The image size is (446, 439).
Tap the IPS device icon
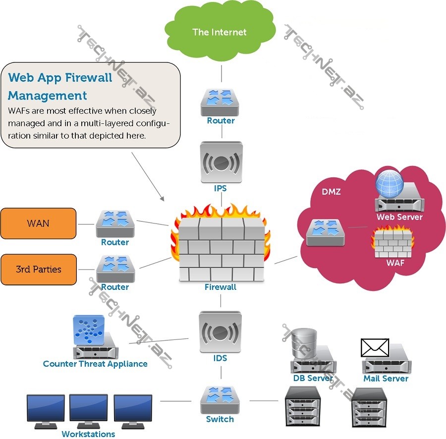click(x=221, y=163)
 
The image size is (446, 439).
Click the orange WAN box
click(x=39, y=223)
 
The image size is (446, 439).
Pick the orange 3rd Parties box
click(x=39, y=270)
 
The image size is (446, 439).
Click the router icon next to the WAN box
click(x=115, y=224)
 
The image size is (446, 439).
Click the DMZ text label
click(x=331, y=192)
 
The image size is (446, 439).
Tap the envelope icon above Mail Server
click(x=375, y=348)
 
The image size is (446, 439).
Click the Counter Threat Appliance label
click(x=95, y=364)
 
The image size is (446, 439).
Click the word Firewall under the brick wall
click(x=221, y=287)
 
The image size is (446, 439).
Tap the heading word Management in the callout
click(x=48, y=96)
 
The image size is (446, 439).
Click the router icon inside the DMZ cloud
click(x=326, y=232)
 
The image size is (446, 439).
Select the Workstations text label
click(x=88, y=434)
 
